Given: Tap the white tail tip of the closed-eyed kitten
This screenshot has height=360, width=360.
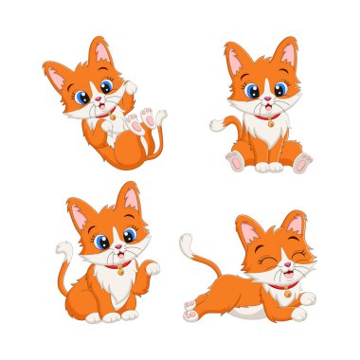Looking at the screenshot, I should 187,241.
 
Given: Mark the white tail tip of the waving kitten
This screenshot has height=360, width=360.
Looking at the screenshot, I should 63,249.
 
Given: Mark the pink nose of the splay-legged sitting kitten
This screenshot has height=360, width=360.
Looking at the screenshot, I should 269,99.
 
